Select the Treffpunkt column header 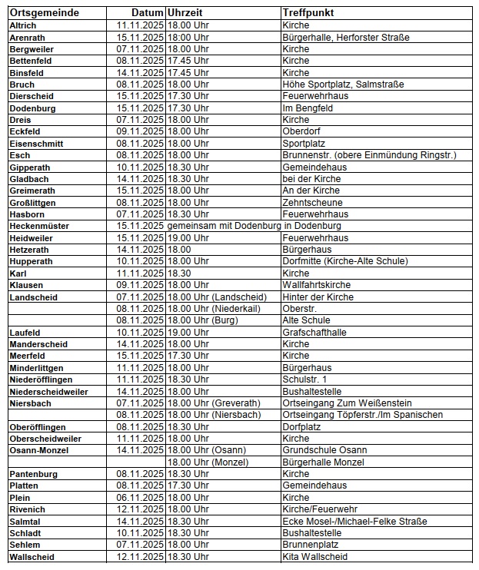[x=308, y=14]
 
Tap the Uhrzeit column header [x=185, y=14]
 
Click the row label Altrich [x=22, y=25]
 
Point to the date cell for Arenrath [x=140, y=37]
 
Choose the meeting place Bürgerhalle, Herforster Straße [x=345, y=37]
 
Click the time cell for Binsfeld [x=188, y=72]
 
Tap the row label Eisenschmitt [x=36, y=144]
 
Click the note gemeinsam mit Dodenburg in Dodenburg [x=254, y=226]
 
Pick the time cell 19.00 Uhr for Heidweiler [x=188, y=238]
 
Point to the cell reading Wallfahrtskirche [x=316, y=285]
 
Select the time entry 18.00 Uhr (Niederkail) [x=214, y=308]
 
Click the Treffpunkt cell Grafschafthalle [x=314, y=332]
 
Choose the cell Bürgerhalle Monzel [x=323, y=462]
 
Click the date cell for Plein [x=140, y=497]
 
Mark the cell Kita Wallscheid [x=314, y=556]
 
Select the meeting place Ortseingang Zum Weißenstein [x=347, y=403]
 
